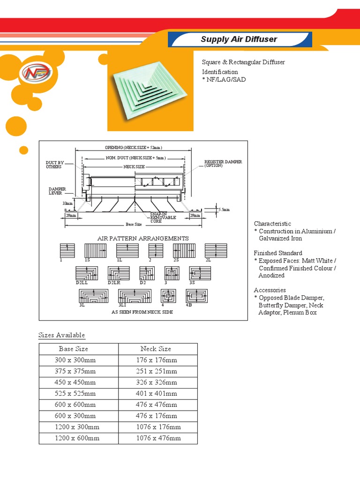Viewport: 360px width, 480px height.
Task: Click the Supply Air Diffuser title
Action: click(239, 39)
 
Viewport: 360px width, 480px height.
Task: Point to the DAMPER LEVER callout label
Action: click(57, 191)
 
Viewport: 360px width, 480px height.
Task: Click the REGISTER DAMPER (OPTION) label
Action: click(223, 164)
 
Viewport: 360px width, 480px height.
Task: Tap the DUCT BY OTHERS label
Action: click(54, 165)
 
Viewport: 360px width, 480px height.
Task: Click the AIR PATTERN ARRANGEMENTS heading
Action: click(143, 238)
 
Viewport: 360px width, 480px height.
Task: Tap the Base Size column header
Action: click(74, 349)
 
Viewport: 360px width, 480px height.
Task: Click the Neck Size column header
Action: click(156, 349)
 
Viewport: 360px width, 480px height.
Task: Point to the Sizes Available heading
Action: click(61, 335)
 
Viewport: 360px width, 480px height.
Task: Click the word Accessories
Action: click(270, 290)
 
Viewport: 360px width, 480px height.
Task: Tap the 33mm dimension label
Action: click(67, 203)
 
